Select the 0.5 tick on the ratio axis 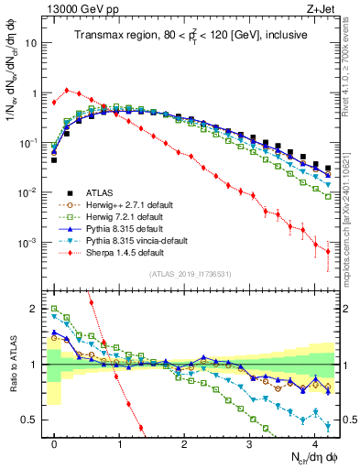tap(36, 420)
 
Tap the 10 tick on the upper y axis tap(33, 43)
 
